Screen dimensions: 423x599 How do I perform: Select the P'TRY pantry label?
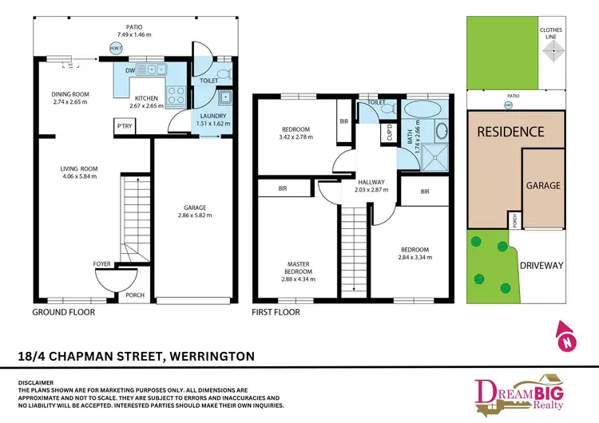pos(124,126)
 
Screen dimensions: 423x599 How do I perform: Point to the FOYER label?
pos(102,263)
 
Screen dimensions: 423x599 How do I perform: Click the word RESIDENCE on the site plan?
pos(511,132)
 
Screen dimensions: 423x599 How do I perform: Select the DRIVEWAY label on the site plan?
pos(541,265)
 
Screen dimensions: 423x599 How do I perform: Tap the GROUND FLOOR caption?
pos(63,312)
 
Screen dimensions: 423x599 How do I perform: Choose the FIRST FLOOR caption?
pos(276,312)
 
